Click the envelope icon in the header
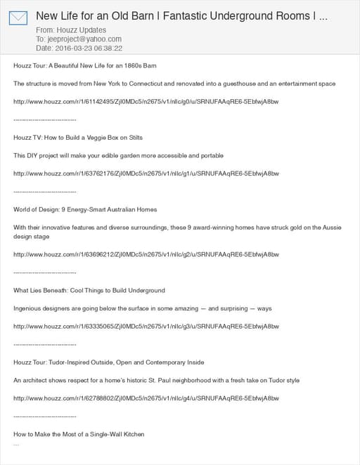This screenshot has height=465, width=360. point(18,18)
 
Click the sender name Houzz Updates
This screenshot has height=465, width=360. point(82,30)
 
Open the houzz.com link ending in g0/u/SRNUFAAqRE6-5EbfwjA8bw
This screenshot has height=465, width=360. point(146,102)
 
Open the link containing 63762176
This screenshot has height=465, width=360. point(146,173)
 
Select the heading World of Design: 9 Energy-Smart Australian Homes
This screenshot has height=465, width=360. point(85,209)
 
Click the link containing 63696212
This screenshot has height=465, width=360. point(146,254)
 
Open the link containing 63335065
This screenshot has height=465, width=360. point(146,327)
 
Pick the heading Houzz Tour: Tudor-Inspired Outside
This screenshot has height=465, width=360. point(109,362)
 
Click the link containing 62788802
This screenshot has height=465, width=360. point(146,398)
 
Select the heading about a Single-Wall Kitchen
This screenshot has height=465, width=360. point(79,434)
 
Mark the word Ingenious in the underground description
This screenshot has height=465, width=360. point(30,308)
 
